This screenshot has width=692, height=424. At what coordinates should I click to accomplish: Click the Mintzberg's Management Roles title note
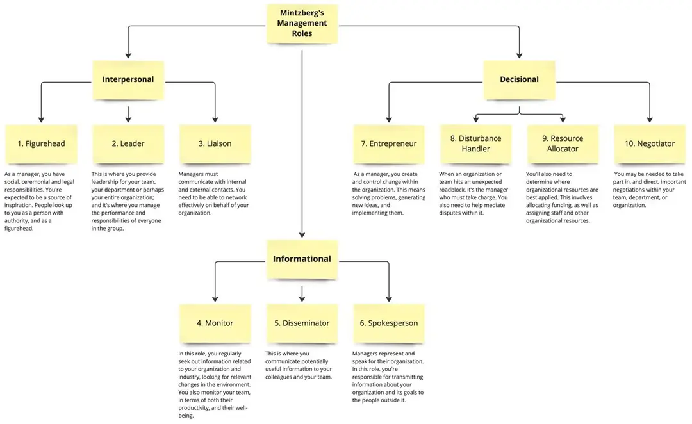[302, 24]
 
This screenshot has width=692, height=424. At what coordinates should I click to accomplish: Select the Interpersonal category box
[128, 80]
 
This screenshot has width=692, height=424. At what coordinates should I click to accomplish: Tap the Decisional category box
[519, 80]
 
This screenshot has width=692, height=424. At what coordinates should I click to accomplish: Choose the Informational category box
[302, 259]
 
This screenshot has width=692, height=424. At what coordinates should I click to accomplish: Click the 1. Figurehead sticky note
[41, 144]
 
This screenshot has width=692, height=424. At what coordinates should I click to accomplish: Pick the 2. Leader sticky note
[128, 144]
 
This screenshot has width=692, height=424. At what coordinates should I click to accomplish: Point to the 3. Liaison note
[215, 144]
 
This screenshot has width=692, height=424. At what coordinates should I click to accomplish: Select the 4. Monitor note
[215, 323]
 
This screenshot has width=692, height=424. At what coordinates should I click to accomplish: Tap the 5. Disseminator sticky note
[302, 323]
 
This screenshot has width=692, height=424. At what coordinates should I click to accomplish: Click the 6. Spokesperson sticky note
[389, 323]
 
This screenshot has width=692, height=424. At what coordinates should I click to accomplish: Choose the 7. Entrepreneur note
[389, 144]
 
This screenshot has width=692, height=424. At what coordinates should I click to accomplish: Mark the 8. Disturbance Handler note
[475, 144]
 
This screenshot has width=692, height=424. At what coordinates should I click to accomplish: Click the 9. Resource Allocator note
[563, 144]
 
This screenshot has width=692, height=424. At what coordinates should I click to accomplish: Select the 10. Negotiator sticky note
[650, 144]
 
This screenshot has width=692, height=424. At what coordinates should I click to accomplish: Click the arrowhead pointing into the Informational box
[302, 234]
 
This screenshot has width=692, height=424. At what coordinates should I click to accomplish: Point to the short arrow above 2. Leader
[128, 114]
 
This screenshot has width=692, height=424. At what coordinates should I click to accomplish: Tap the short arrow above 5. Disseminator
[302, 294]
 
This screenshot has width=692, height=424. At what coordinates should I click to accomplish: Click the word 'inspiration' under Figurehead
[17, 205]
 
